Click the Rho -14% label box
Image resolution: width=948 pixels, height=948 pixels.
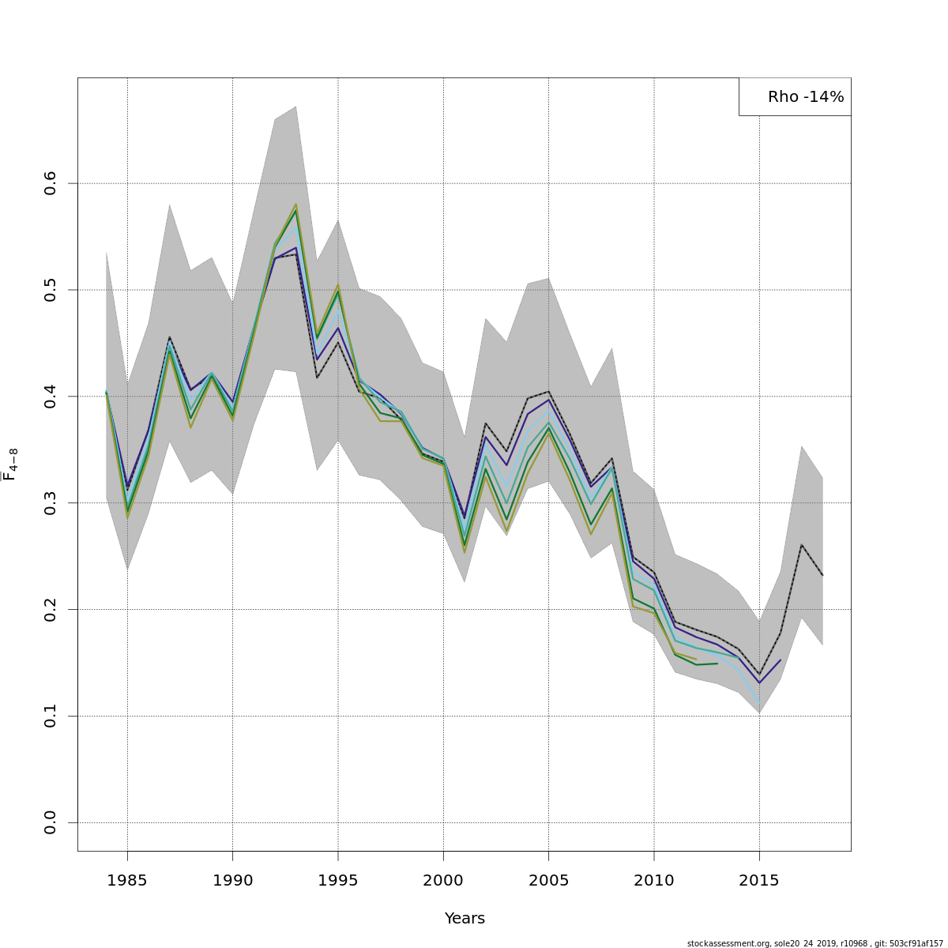click(796, 97)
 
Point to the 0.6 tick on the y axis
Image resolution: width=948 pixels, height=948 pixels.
click(51, 183)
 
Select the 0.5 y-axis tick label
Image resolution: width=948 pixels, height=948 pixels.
click(51, 290)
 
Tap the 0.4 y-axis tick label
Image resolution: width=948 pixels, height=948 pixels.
click(51, 397)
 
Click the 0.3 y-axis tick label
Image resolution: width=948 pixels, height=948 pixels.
click(51, 503)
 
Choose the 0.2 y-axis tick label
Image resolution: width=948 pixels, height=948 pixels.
click(51, 609)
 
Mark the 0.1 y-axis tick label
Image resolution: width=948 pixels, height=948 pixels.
click(51, 716)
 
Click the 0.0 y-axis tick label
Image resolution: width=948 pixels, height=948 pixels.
click(51, 822)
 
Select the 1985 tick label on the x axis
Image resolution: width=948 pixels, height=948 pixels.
click(127, 880)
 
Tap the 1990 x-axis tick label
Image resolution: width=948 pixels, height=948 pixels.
click(232, 880)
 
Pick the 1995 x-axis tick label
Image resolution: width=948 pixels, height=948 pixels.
click(338, 880)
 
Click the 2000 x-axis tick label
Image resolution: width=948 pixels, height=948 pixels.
click(443, 880)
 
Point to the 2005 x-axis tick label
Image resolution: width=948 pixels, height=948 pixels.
click(548, 880)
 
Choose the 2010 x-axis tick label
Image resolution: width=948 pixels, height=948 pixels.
click(654, 880)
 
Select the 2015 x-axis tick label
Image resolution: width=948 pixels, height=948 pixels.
click(759, 880)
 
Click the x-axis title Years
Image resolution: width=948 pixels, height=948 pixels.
click(465, 919)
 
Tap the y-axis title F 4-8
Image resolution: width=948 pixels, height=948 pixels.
click(11, 465)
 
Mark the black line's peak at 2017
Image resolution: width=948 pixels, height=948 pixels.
click(802, 544)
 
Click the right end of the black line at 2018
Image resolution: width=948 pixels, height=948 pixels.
click(822, 575)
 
